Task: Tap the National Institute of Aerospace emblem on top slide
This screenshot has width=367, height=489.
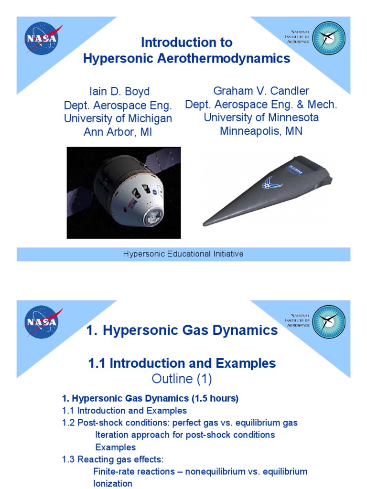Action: pos(329,38)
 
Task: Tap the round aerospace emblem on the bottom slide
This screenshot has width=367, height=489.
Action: pos(329,321)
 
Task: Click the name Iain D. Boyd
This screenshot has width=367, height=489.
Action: pos(118,92)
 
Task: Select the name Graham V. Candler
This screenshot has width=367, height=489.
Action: pos(261,91)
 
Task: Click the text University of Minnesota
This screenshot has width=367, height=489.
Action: pos(261,117)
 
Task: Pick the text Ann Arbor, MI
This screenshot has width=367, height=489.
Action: pos(118,132)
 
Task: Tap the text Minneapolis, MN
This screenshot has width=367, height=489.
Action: pos(261,131)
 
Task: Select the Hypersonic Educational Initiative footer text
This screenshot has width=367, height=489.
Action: pos(183,254)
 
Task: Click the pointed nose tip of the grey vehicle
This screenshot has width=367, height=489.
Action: pos(205,223)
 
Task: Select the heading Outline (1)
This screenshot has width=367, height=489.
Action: pos(182,379)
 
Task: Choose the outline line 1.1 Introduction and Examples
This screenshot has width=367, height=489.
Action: pos(125,411)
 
